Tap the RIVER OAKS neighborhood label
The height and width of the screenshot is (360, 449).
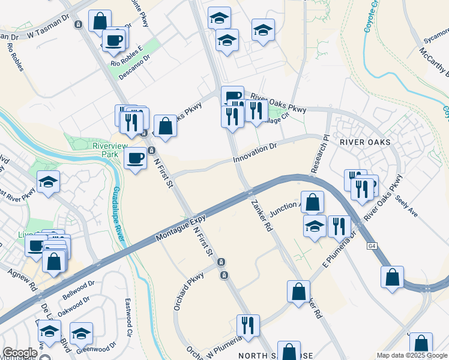tap(365, 142)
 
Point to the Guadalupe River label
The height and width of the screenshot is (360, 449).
tap(119, 215)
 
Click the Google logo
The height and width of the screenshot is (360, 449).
tap(19, 353)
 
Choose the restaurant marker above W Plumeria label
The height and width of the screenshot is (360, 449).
tap(248, 325)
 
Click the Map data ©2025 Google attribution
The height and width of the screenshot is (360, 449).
tap(412, 356)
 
